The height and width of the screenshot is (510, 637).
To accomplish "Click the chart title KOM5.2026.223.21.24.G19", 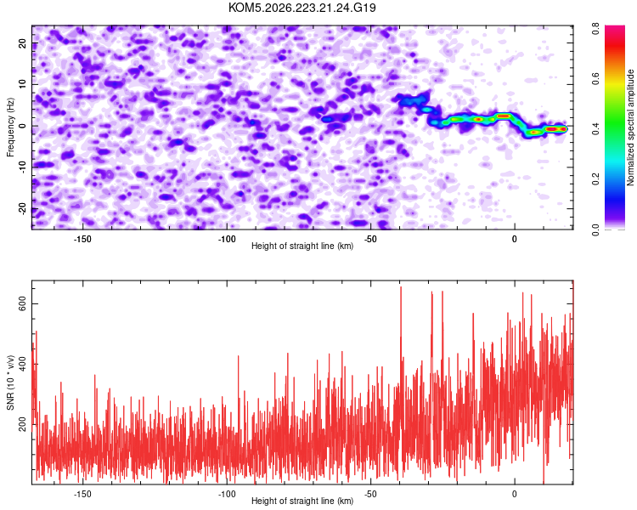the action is pyautogui.click(x=302, y=8).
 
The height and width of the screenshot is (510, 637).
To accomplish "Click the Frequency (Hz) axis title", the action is pyautogui.click(x=10, y=127).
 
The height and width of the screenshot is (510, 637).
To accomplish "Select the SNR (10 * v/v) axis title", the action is pyautogui.click(x=10, y=382).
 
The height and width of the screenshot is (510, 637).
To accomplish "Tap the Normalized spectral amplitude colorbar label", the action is pyautogui.click(x=630, y=127).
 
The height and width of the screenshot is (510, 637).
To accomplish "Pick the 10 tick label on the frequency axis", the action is pyautogui.click(x=22, y=84).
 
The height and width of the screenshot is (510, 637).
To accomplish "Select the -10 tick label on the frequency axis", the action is pyautogui.click(x=22, y=167).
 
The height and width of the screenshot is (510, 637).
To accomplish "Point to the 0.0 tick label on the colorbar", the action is pyautogui.click(x=595, y=229).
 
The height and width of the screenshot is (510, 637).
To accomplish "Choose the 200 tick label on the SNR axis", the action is pyautogui.click(x=22, y=424).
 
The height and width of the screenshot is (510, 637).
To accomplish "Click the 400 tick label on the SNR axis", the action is pyautogui.click(x=22, y=364).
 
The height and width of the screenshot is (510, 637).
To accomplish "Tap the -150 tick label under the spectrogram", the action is pyautogui.click(x=82, y=239).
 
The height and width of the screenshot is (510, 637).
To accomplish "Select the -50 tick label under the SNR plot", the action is pyautogui.click(x=370, y=494).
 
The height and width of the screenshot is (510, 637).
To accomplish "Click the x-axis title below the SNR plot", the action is pyautogui.click(x=302, y=501).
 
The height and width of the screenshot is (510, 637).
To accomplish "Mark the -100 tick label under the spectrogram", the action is pyautogui.click(x=227, y=239).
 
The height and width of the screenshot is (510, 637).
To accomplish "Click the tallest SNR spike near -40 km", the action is pyautogui.click(x=401, y=287).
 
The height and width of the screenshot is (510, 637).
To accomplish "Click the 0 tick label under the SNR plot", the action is pyautogui.click(x=515, y=494).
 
